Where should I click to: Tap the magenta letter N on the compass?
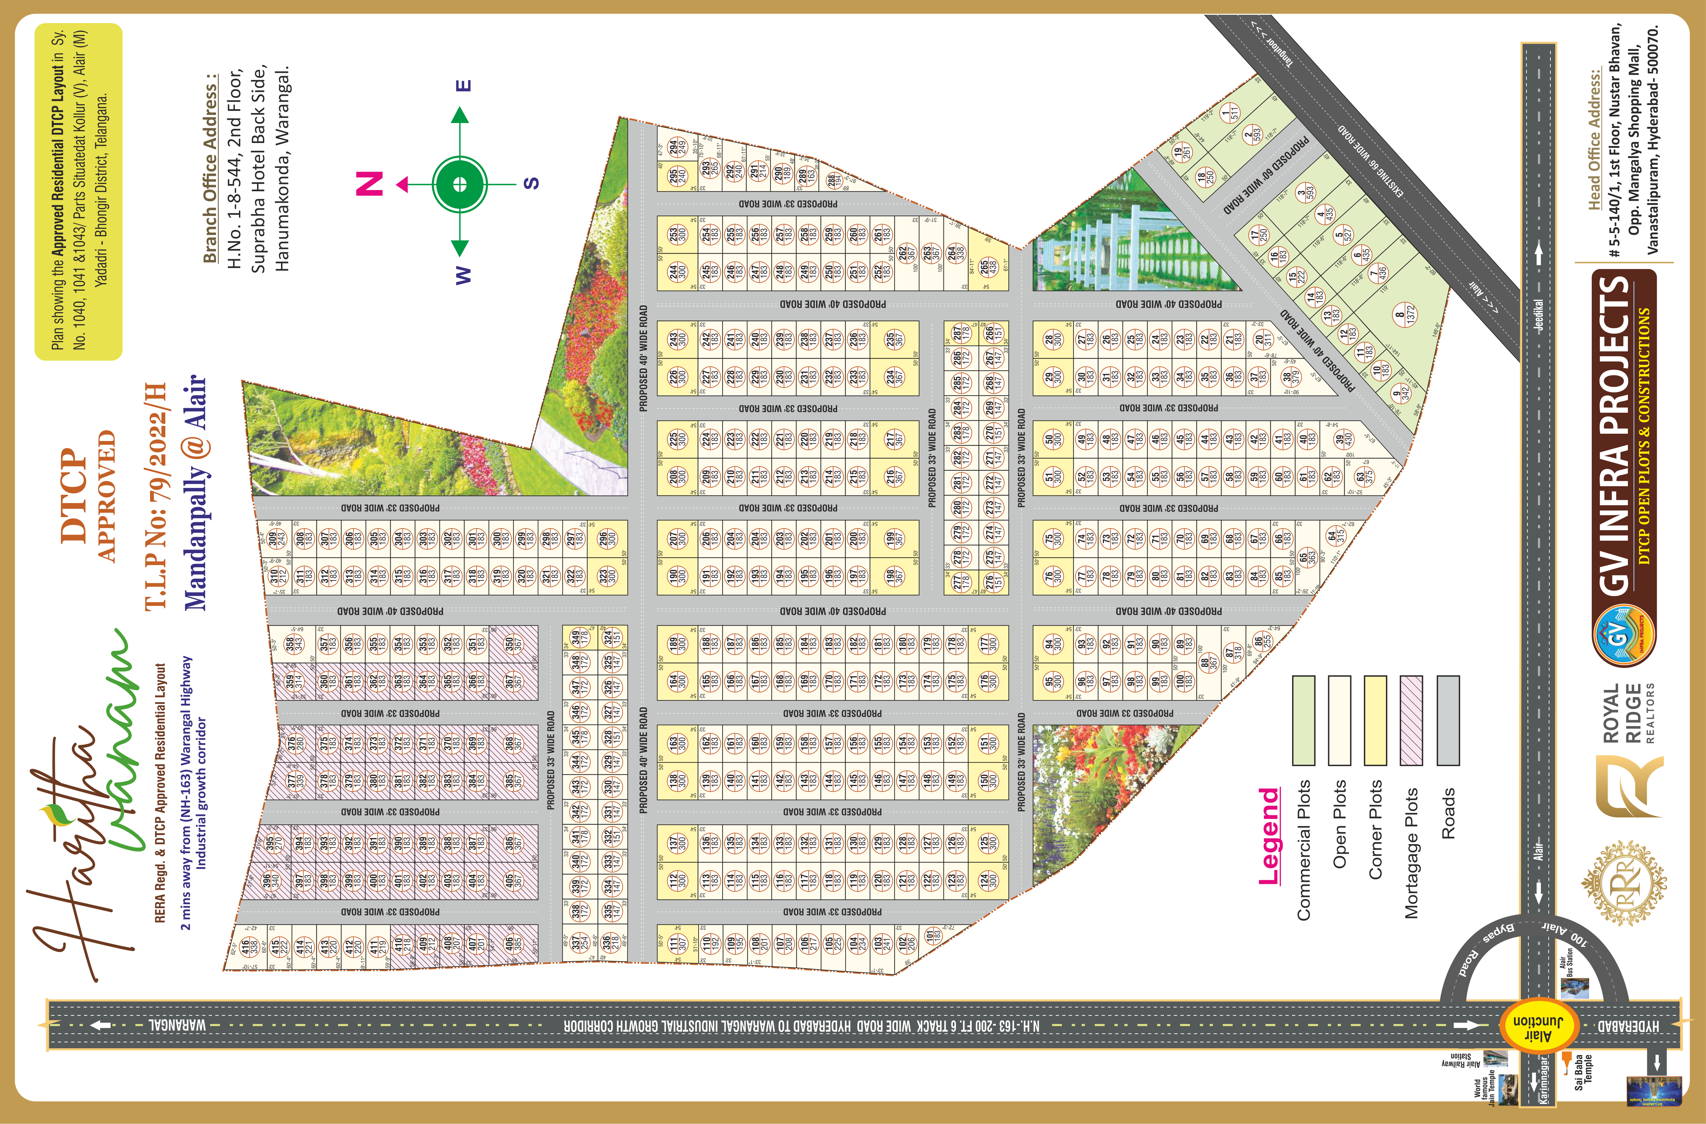coord(370,184)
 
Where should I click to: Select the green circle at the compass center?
coord(460,184)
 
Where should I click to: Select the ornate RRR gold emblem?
coord(1624,884)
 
